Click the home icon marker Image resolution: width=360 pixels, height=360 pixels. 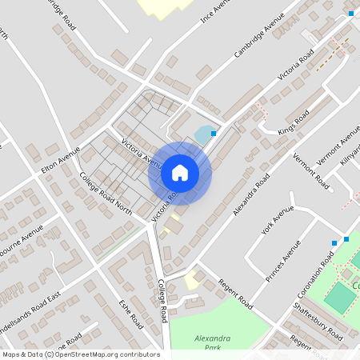coord(180,173)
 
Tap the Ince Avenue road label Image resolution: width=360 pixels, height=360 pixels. coord(214,11)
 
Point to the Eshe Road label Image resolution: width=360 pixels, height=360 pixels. coord(131,314)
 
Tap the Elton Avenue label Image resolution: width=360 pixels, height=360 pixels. coord(60,162)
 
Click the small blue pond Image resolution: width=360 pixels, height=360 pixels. coord(205,134)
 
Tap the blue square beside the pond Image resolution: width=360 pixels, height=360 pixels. coord(214,133)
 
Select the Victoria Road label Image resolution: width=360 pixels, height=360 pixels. coord(295,67)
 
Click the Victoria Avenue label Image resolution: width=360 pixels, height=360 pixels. coord(142,152)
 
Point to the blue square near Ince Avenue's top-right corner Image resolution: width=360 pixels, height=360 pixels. coord(351,13)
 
